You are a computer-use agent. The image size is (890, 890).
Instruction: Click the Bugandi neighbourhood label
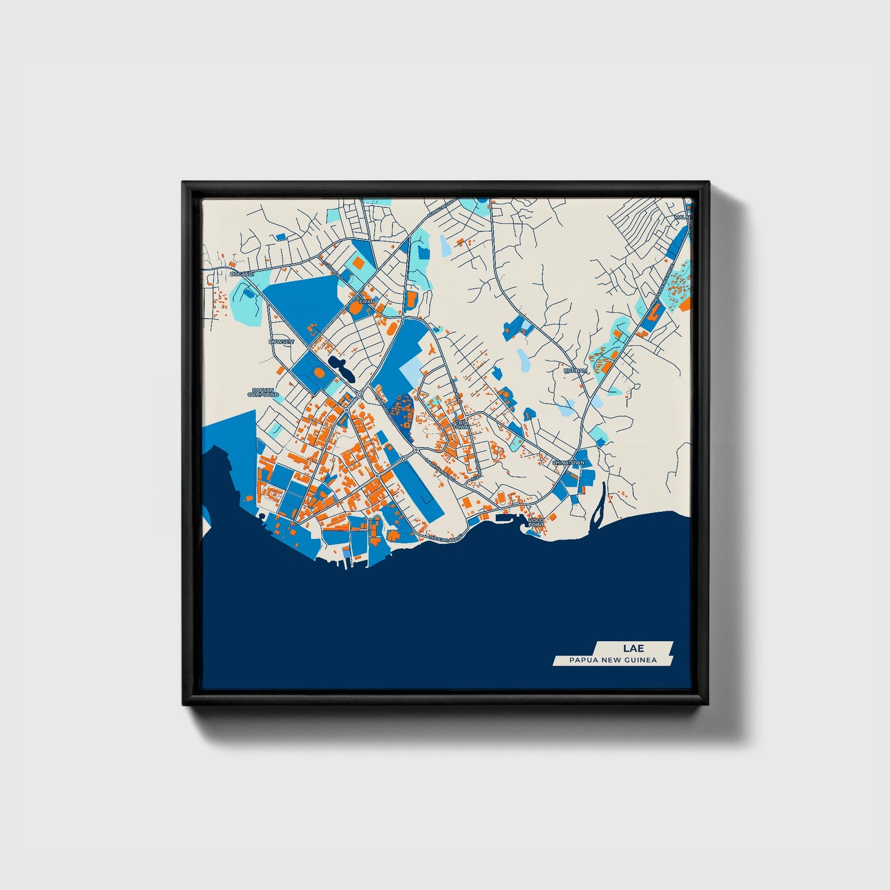coord(241,273)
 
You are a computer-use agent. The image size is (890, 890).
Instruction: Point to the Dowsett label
coord(281,341)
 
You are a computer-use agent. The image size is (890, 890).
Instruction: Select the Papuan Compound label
coord(264,392)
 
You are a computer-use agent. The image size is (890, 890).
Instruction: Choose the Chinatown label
coord(567,463)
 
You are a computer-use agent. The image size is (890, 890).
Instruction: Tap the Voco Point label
coord(536,523)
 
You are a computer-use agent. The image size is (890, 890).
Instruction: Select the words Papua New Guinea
coord(613,660)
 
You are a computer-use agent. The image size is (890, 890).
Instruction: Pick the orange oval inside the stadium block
coord(318,373)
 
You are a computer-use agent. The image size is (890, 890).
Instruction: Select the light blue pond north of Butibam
coord(523,359)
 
